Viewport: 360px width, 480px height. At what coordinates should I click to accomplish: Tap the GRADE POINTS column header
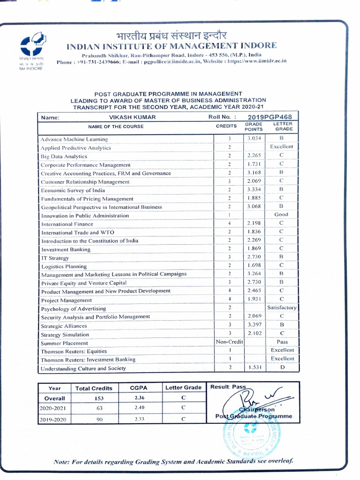254,127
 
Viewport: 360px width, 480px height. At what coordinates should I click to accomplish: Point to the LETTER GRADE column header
283,127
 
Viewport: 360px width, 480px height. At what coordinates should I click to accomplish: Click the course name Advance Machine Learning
74,139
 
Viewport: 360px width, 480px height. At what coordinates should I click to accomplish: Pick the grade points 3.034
256,138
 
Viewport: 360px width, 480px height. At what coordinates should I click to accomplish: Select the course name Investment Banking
66,249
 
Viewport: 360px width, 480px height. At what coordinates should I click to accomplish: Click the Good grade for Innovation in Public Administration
281,215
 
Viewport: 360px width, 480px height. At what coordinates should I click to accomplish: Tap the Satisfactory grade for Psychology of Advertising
282,307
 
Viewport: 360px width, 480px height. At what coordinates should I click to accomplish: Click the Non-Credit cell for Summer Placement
229,342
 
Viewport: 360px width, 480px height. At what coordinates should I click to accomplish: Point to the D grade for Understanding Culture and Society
282,368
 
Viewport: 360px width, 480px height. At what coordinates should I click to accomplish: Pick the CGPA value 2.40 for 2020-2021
139,407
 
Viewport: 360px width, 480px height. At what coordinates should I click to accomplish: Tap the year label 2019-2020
53,420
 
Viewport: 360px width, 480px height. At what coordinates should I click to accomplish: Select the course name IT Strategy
55,258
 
